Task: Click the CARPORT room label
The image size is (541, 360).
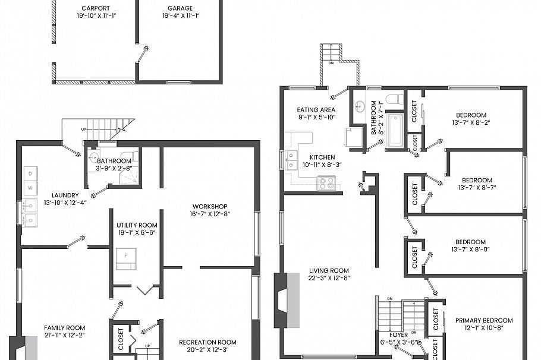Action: point(95,8)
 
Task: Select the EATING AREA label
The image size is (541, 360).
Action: point(316,110)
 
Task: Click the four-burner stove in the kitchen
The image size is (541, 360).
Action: point(326,184)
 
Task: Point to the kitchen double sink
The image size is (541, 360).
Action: point(292,160)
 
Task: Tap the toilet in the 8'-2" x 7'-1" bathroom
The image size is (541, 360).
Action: point(394,99)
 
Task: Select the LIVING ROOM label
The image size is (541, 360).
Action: point(328,270)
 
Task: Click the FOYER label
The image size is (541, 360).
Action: point(400,334)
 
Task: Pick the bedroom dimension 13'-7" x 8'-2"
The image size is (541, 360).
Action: point(471,123)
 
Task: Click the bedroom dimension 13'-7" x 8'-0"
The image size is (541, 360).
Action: point(471,250)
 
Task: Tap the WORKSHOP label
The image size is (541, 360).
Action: point(209,207)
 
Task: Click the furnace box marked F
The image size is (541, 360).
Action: point(126,257)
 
